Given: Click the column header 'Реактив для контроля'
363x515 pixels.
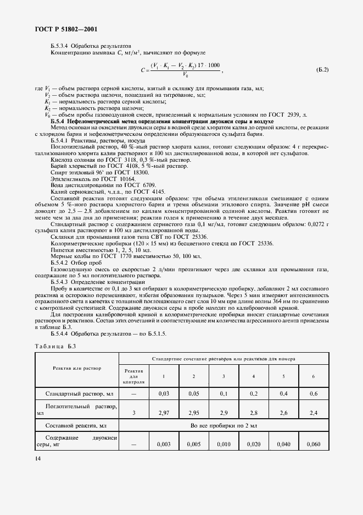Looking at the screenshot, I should [x=133, y=376].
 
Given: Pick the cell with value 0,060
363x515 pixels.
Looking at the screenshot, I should [x=313, y=443].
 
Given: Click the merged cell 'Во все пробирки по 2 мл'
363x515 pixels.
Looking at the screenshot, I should [x=223, y=426].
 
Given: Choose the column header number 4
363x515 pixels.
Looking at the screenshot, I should [x=253, y=376].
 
